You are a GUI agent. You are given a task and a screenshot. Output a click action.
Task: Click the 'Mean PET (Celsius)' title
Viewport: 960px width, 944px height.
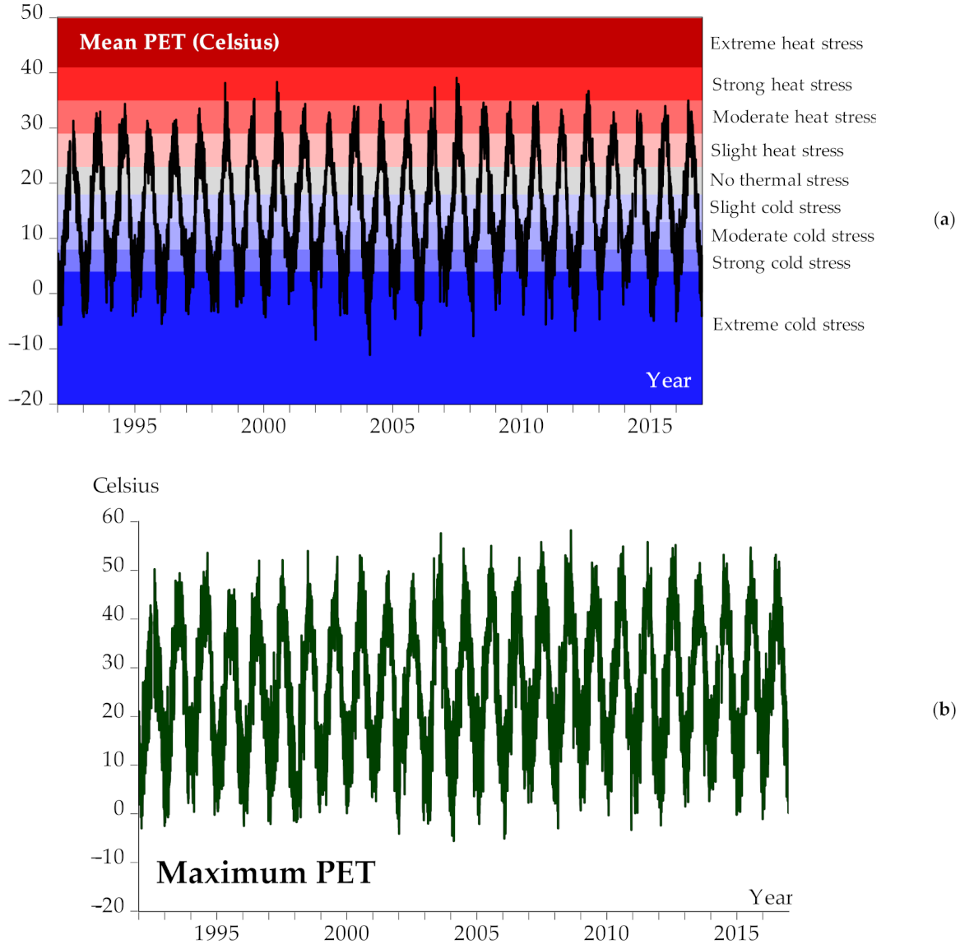(179, 42)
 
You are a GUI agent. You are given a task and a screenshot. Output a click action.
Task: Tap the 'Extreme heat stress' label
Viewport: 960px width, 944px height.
(786, 44)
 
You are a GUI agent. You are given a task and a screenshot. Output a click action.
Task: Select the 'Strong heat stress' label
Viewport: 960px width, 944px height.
(781, 85)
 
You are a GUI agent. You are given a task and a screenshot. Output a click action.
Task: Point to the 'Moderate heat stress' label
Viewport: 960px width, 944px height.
(794, 117)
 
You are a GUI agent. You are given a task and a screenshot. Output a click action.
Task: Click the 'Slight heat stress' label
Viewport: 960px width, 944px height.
(777, 150)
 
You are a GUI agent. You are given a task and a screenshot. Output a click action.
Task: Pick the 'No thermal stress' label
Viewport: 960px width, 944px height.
(779, 180)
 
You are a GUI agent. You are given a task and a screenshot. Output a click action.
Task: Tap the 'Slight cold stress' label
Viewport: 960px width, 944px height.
(775, 207)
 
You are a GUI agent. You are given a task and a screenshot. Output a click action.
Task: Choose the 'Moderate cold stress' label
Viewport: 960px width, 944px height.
(792, 236)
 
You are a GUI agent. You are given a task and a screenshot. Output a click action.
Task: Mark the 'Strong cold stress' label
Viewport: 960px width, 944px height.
(781, 263)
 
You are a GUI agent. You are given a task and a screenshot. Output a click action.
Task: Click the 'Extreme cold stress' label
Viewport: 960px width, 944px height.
(788, 325)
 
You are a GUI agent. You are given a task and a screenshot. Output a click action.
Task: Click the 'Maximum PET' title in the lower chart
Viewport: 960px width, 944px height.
(266, 872)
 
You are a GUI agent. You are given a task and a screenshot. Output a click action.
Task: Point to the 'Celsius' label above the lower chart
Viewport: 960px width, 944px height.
(126, 485)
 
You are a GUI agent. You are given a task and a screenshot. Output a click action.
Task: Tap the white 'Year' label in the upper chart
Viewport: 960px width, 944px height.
(668, 380)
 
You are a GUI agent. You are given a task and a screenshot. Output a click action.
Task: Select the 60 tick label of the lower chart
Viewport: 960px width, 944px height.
(113, 517)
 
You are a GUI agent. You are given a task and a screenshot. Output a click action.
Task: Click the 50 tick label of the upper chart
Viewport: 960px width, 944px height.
(32, 13)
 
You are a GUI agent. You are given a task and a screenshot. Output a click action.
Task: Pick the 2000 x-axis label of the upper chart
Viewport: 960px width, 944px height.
(263, 426)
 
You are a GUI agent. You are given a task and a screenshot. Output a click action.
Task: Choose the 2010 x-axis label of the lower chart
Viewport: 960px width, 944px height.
(606, 932)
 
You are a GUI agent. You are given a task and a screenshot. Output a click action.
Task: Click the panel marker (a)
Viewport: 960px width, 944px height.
(944, 219)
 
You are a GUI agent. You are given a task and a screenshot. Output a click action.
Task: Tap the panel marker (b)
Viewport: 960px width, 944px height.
(944, 710)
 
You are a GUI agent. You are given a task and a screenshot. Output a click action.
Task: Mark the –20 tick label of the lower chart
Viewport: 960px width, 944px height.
(108, 906)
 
